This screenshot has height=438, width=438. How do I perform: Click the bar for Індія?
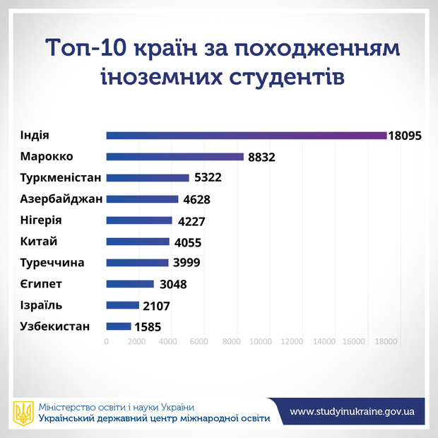pyautogui.click(x=246, y=135)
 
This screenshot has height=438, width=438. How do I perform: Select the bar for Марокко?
pyautogui.click(x=174, y=156)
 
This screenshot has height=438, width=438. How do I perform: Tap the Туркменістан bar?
pyautogui.click(x=147, y=177)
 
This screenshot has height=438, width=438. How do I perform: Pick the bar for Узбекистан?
pyautogui.click(x=119, y=326)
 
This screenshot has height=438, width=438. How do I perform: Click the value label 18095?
pyautogui.click(x=406, y=135)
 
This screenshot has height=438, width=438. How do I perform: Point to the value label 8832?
pyautogui.click(x=263, y=157)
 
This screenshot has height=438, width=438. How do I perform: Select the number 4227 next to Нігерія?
pyautogui.click(x=191, y=221)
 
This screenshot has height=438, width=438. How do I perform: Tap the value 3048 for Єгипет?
pyautogui.click(x=173, y=285)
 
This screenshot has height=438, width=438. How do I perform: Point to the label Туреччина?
pyautogui.click(x=52, y=263)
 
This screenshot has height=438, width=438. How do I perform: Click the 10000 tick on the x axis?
pyautogui.click(x=261, y=342)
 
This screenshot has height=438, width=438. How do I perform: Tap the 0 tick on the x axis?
pyautogui.click(x=106, y=342)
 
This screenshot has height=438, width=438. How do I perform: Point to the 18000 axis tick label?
pyautogui.click(x=385, y=342)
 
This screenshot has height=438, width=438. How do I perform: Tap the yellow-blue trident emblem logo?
pyautogui.click(x=23, y=413)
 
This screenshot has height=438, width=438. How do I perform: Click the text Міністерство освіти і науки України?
pyautogui.click(x=117, y=407)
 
